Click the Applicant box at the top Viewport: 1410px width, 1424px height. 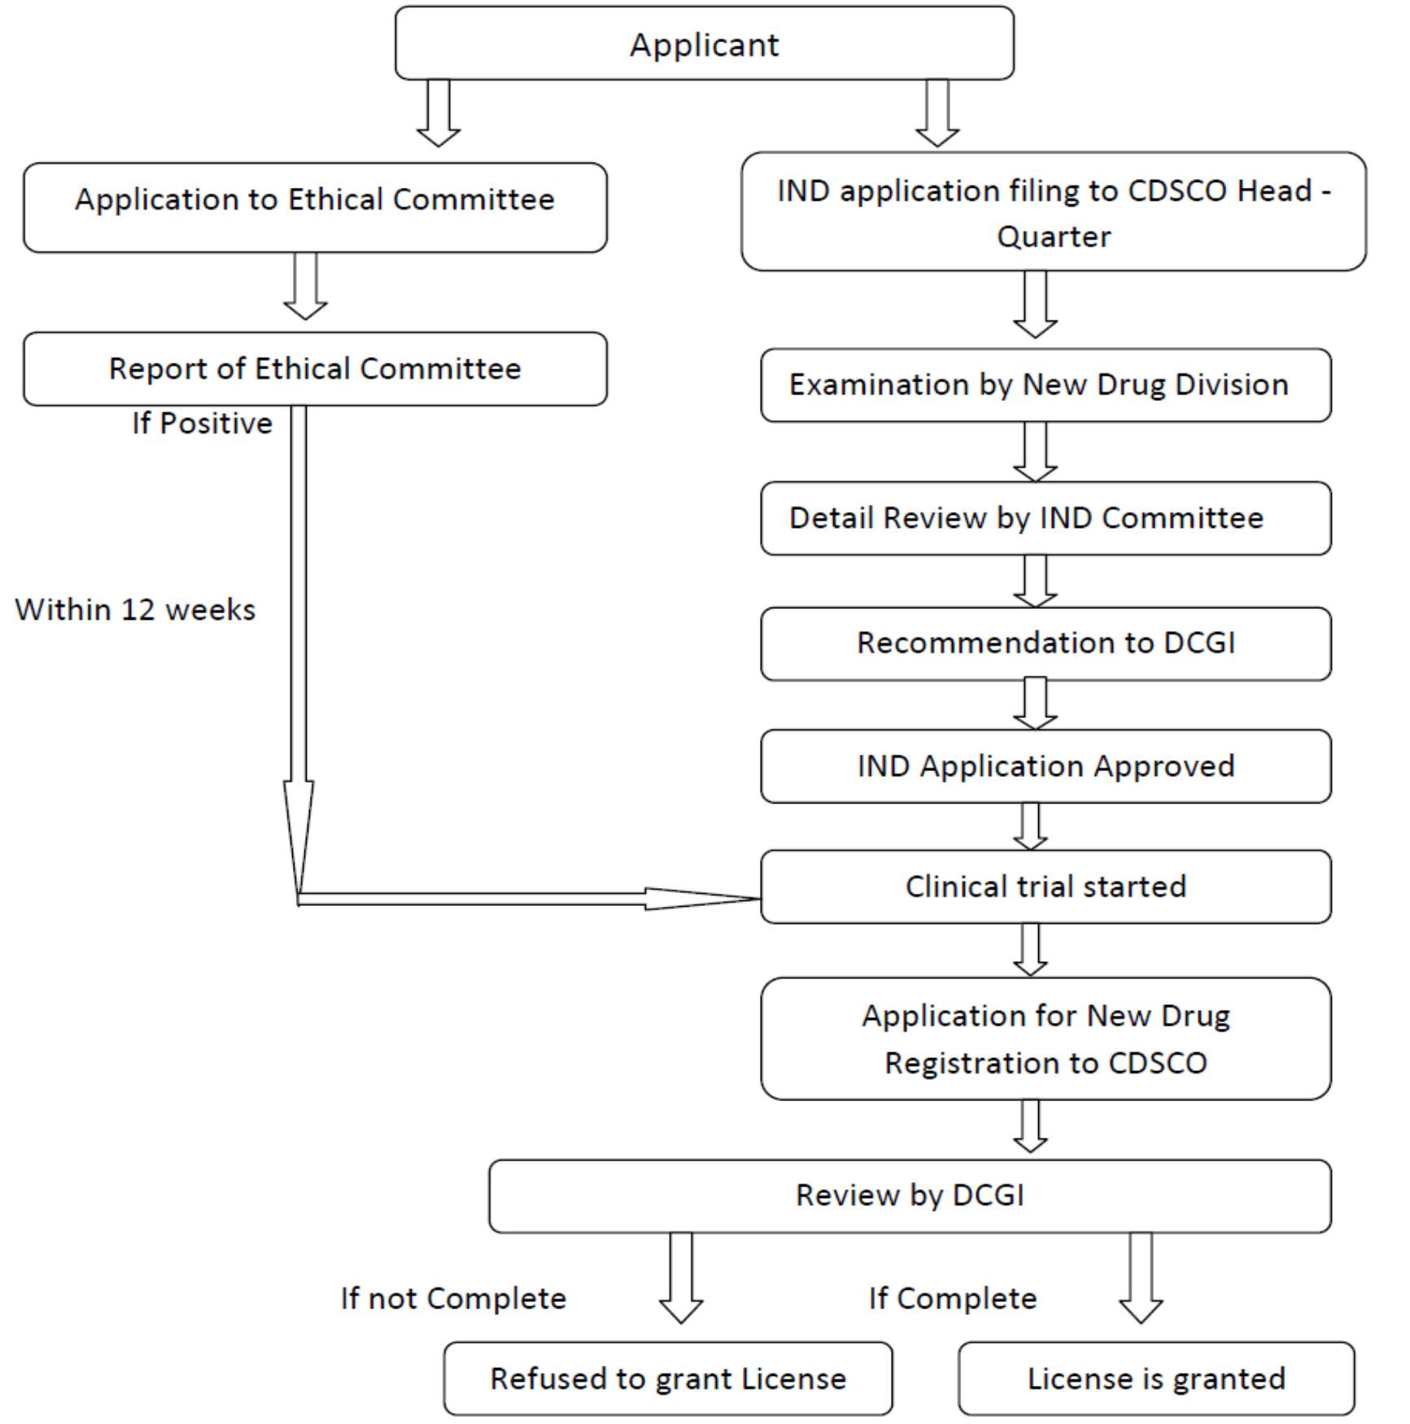[x=704, y=44]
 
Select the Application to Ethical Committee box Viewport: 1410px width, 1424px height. [x=315, y=200]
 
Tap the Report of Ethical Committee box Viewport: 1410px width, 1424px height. [x=315, y=369]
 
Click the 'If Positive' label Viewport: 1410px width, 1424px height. [x=202, y=424]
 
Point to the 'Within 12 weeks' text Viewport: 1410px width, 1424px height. [x=135, y=610]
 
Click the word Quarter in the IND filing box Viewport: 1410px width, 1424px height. [x=1054, y=237]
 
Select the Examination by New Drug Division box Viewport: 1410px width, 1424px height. [x=1045, y=385]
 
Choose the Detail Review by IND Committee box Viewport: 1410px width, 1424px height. [x=1045, y=519]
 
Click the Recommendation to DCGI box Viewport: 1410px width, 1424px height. [x=1045, y=643]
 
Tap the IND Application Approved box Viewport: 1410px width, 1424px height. [x=1045, y=766]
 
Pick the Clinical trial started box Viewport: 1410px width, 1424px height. [x=1045, y=887]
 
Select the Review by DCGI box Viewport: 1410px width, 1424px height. [x=909, y=1195]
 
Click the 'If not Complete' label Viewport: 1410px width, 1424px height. [x=453, y=1299]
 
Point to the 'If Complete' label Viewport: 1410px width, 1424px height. [x=953, y=1299]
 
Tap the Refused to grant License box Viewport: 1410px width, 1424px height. [x=668, y=1379]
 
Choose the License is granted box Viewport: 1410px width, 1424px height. [x=1155, y=1379]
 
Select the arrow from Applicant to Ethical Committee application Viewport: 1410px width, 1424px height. [x=439, y=114]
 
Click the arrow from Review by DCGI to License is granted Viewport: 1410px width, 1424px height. [x=1141, y=1278]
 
